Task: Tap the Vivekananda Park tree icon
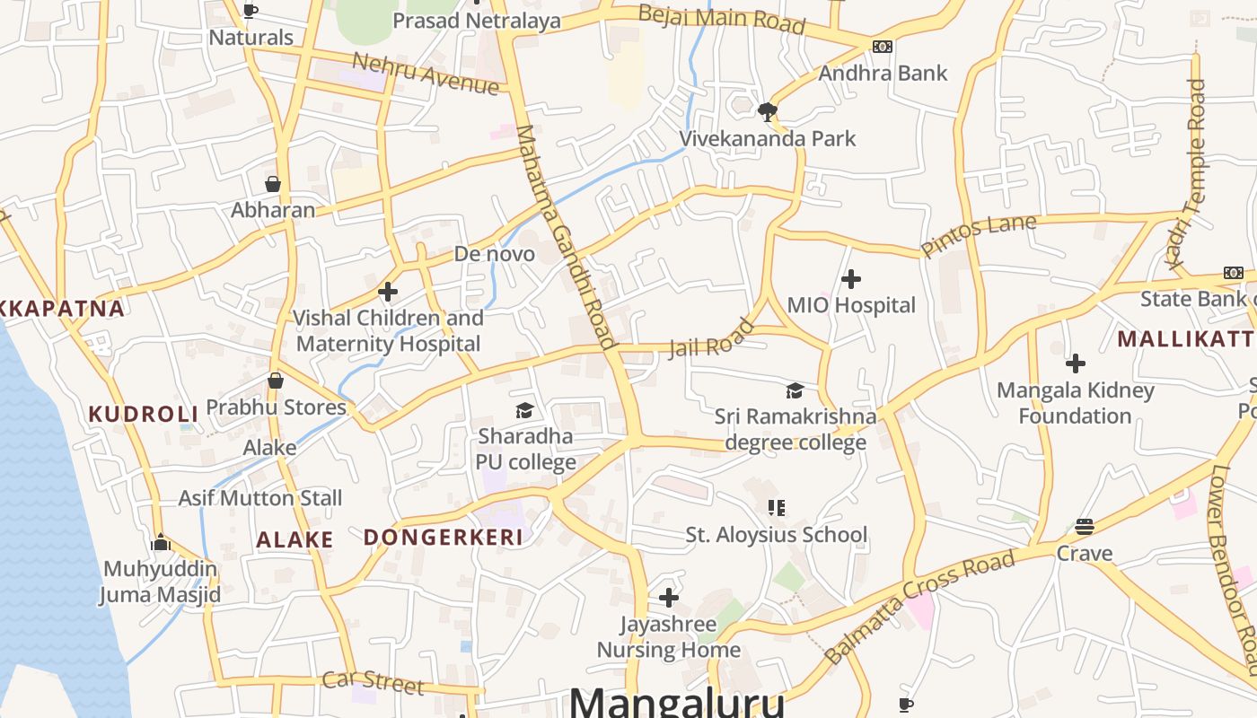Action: click(x=767, y=112)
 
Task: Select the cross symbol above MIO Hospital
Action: click(x=850, y=279)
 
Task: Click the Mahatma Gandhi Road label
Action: click(x=567, y=236)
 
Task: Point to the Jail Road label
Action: click(x=711, y=337)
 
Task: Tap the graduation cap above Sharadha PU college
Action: click(x=524, y=411)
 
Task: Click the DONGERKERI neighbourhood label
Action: click(x=443, y=538)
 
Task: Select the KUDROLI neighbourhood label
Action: click(x=143, y=414)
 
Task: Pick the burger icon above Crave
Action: click(x=1084, y=527)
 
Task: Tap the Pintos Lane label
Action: click(x=978, y=235)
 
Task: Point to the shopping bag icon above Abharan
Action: click(x=273, y=184)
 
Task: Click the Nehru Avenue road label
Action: click(x=425, y=74)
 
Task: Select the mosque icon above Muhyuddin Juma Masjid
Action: click(x=161, y=542)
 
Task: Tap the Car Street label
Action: click(x=372, y=681)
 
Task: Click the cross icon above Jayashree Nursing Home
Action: click(x=668, y=598)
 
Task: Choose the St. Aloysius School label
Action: click(x=776, y=535)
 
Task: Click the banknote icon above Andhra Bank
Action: click(x=882, y=47)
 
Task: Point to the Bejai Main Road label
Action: click(x=721, y=19)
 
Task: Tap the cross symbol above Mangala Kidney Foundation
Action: click(x=1075, y=363)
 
